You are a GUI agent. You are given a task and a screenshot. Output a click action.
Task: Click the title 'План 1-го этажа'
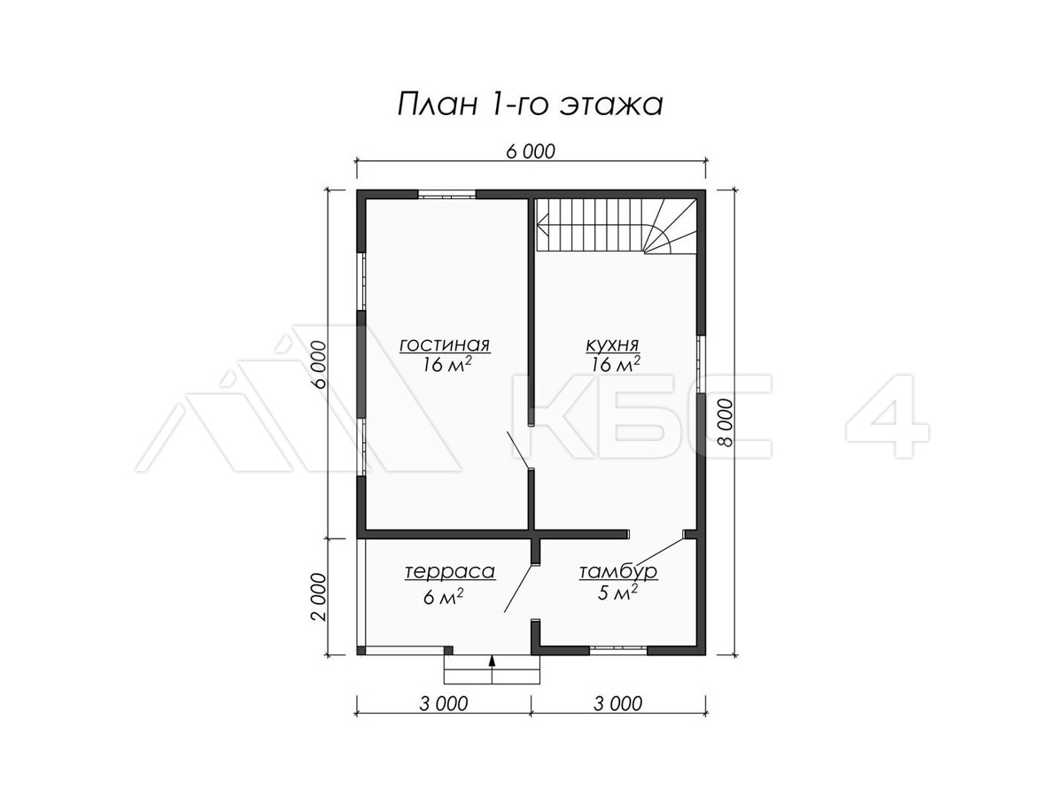click(530, 104)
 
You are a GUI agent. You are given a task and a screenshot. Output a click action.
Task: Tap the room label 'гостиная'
click(445, 345)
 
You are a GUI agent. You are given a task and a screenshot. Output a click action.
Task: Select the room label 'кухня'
click(612, 345)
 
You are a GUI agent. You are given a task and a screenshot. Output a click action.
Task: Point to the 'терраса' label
click(450, 571)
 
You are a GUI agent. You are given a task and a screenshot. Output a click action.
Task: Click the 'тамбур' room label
click(618, 571)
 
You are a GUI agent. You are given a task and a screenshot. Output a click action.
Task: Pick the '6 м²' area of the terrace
click(443, 597)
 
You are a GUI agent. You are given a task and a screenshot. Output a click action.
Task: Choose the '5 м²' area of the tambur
click(617, 592)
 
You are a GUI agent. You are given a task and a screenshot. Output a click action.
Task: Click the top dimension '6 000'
click(531, 151)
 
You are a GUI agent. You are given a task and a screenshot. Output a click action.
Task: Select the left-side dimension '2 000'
click(319, 597)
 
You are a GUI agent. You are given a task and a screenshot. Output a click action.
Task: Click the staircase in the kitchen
click(616, 225)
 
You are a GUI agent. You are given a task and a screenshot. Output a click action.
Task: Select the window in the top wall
click(447, 195)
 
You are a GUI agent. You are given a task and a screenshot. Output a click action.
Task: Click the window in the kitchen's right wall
click(701, 364)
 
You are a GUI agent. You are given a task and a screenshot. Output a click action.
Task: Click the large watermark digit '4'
click(888, 416)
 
